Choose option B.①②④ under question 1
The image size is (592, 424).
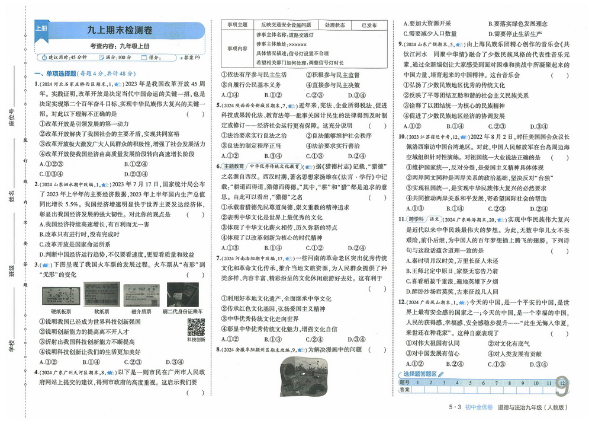coord(136,164)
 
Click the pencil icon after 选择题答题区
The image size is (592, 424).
coord(440,374)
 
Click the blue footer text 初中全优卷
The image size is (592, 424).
coord(479,407)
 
